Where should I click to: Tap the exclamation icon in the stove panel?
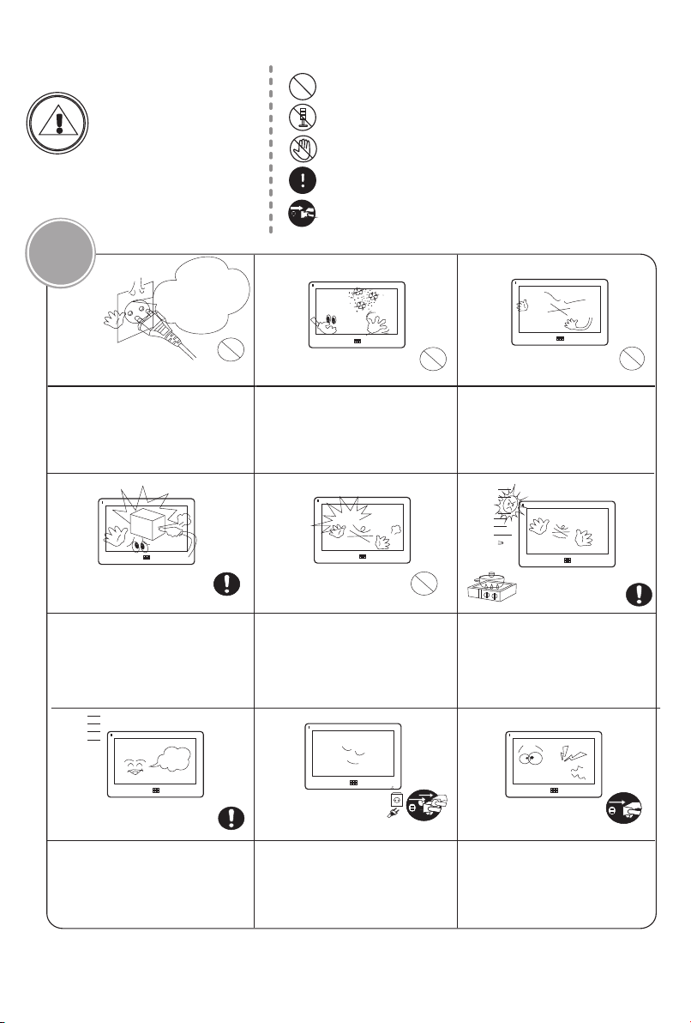point(639,594)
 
